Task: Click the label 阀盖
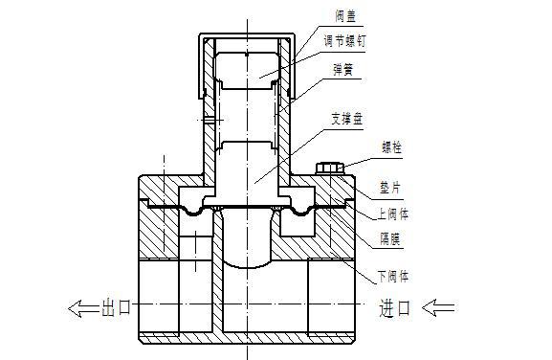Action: tap(347, 17)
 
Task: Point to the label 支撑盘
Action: tap(347, 121)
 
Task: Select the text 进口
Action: tap(395, 307)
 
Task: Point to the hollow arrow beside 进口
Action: tap(440, 307)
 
